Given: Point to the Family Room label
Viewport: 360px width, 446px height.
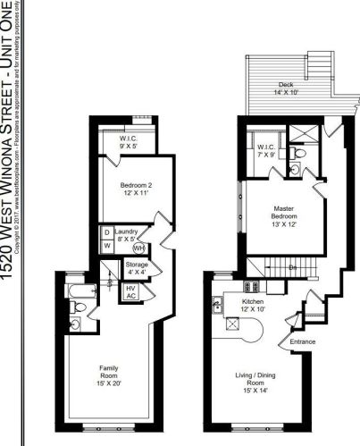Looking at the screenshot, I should point(112,374).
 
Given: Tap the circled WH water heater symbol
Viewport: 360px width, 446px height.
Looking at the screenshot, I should point(139,248).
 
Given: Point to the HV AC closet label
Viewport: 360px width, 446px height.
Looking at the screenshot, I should point(130,291).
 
